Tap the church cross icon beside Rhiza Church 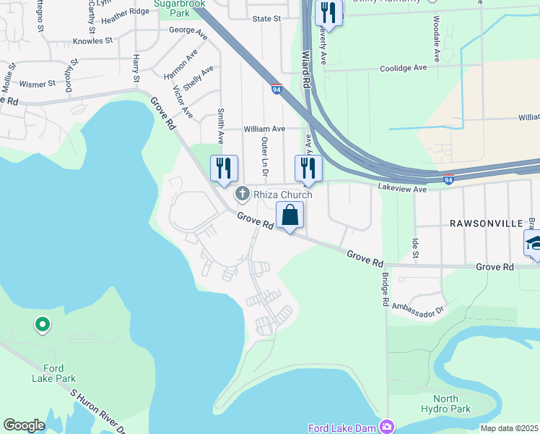[242, 194]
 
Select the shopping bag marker [289, 215]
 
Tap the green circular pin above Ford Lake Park [43, 325]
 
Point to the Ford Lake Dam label [341, 428]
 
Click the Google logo [24, 425]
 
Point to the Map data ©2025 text [508, 428]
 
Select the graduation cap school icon [534, 243]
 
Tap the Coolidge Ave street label [404, 68]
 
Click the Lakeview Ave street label [403, 188]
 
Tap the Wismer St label [38, 84]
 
